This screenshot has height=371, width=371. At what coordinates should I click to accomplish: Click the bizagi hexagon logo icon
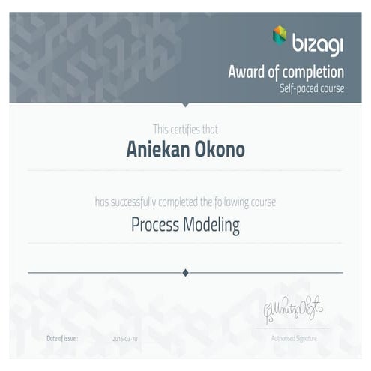(279, 34)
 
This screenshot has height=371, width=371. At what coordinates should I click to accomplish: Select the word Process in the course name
(156, 223)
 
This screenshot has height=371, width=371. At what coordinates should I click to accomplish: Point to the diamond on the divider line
(186, 273)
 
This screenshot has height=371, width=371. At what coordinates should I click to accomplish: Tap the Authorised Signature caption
(293, 339)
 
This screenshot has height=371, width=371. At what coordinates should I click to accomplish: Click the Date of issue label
(62, 339)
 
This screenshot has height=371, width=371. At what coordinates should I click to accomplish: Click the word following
(237, 202)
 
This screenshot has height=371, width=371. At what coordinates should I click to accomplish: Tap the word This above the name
(162, 129)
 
